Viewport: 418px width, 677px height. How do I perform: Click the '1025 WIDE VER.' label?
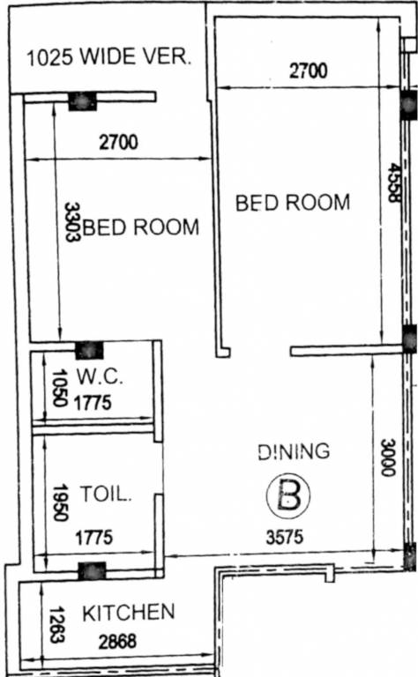(109, 59)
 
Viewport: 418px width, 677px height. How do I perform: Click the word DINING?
(294, 451)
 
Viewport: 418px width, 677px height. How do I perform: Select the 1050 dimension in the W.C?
(59, 389)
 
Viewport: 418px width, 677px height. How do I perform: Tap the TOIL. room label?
(106, 495)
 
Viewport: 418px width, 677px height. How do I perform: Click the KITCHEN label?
(128, 613)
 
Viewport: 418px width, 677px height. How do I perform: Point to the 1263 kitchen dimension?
(56, 623)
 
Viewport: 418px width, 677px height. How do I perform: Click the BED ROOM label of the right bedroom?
(293, 202)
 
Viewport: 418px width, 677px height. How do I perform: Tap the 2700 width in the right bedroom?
(308, 72)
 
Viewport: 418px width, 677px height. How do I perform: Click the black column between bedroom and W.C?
(89, 350)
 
